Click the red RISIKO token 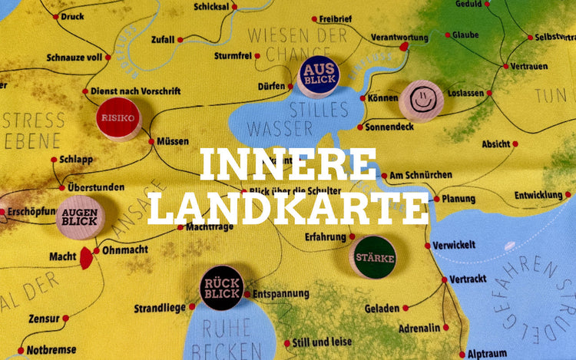[119, 118]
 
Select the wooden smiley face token [422, 100]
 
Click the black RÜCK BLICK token [222, 287]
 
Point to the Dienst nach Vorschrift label [135, 91]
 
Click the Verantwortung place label [399, 37]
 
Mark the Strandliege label [160, 308]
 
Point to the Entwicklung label [538, 195]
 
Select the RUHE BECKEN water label [227, 338]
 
